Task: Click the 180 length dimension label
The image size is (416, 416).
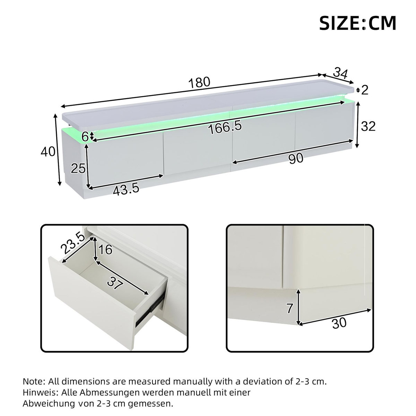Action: pyautogui.click(x=200, y=83)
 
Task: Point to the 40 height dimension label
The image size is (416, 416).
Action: pyautogui.click(x=48, y=151)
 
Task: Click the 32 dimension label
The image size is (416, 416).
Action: pyautogui.click(x=368, y=127)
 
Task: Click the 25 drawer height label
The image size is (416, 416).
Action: pyautogui.click(x=78, y=169)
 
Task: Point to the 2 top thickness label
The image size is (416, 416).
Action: pyautogui.click(x=364, y=90)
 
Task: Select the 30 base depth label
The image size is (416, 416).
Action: pyautogui.click(x=339, y=323)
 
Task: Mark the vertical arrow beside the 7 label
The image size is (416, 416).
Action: pyautogui.click(x=298, y=307)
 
